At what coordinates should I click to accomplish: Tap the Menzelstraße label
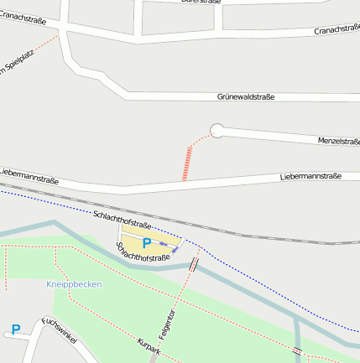pos(338,141)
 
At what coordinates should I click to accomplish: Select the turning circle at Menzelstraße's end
pos(217,130)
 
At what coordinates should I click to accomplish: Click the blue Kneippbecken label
pos(74,284)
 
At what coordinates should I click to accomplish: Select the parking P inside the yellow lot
pos(146,243)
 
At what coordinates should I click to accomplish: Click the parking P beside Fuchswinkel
pos(15,330)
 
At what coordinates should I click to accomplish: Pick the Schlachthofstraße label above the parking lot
pos(123,220)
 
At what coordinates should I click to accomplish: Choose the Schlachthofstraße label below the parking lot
pos(143,252)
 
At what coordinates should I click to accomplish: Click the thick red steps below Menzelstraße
pos(187,163)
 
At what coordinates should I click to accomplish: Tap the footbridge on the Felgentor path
pos(194,265)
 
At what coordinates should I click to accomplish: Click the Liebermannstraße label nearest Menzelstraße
pos(310,177)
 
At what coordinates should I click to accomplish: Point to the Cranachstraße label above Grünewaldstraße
pos(337,30)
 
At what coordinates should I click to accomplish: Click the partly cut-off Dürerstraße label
pos(201,3)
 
